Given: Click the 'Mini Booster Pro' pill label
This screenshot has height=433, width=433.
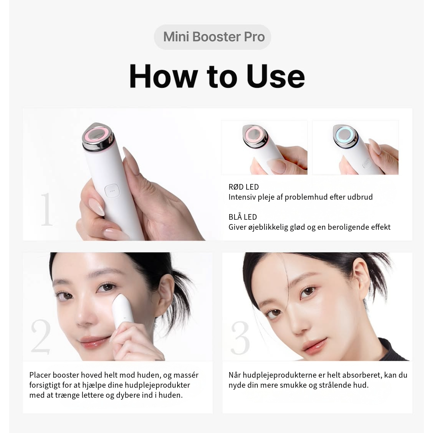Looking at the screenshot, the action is pyautogui.click(x=212, y=37).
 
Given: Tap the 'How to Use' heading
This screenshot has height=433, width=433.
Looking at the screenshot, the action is pyautogui.click(x=217, y=76).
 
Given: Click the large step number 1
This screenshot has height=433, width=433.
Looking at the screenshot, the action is pyautogui.click(x=47, y=209).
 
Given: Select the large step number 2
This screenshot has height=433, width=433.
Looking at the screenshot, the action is pyautogui.click(x=41, y=336).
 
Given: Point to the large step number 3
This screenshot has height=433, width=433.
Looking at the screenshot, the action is pyautogui.click(x=240, y=338).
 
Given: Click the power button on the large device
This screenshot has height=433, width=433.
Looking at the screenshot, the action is pyautogui.click(x=112, y=191).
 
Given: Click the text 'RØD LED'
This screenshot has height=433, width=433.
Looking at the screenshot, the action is pyautogui.click(x=244, y=187).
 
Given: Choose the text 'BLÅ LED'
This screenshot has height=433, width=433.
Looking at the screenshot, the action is pyautogui.click(x=243, y=217).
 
